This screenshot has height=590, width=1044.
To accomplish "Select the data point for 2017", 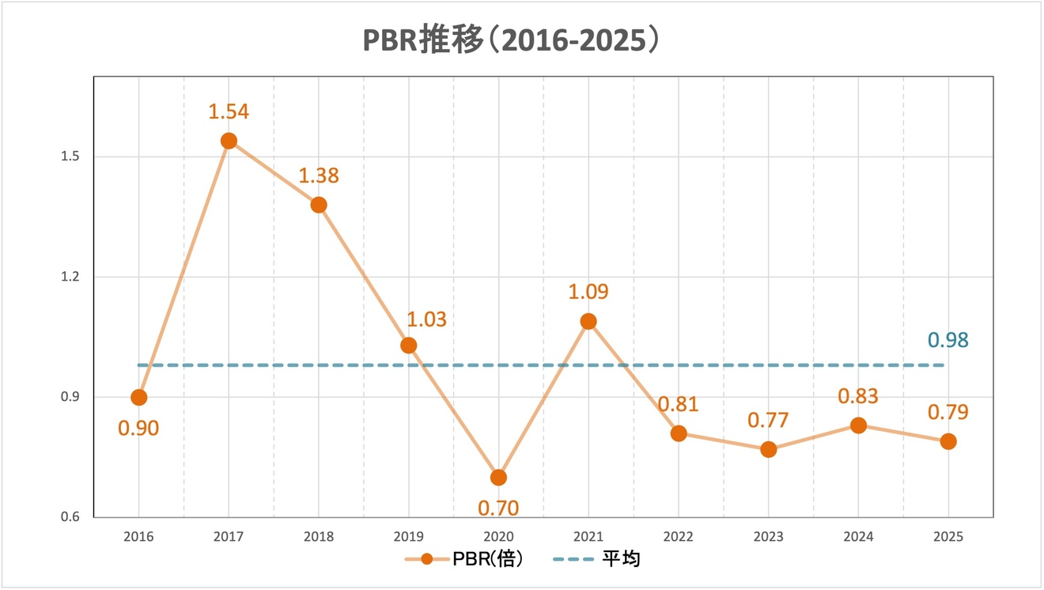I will pos(229,141).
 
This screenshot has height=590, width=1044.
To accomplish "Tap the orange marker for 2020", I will pos(498,478).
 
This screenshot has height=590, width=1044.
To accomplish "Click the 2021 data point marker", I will pos(588,321).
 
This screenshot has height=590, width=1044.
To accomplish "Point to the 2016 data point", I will pos(139,397).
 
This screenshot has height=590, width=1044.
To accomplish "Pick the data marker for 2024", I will pos(858,425).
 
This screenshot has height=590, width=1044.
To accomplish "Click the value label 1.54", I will pos(229,112).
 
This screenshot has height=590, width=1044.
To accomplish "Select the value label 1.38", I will pos(319,176).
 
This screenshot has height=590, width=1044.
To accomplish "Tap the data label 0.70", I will pos(498,508).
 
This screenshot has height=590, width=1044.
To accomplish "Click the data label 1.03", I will pos(426,320).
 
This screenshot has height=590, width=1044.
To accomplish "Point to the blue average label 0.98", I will pos(948,340).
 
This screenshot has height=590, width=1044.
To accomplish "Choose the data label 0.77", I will pos(768,421).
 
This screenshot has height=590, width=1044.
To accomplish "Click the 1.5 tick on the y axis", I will pos(71,157).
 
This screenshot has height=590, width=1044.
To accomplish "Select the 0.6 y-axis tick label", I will pos(71,517).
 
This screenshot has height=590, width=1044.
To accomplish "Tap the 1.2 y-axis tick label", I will pos(71,277).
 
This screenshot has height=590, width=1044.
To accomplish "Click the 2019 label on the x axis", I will pos(409,537).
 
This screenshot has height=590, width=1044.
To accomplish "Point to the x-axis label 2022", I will pos(679,537).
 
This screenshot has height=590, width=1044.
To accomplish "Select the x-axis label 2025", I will pos(948,537).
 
